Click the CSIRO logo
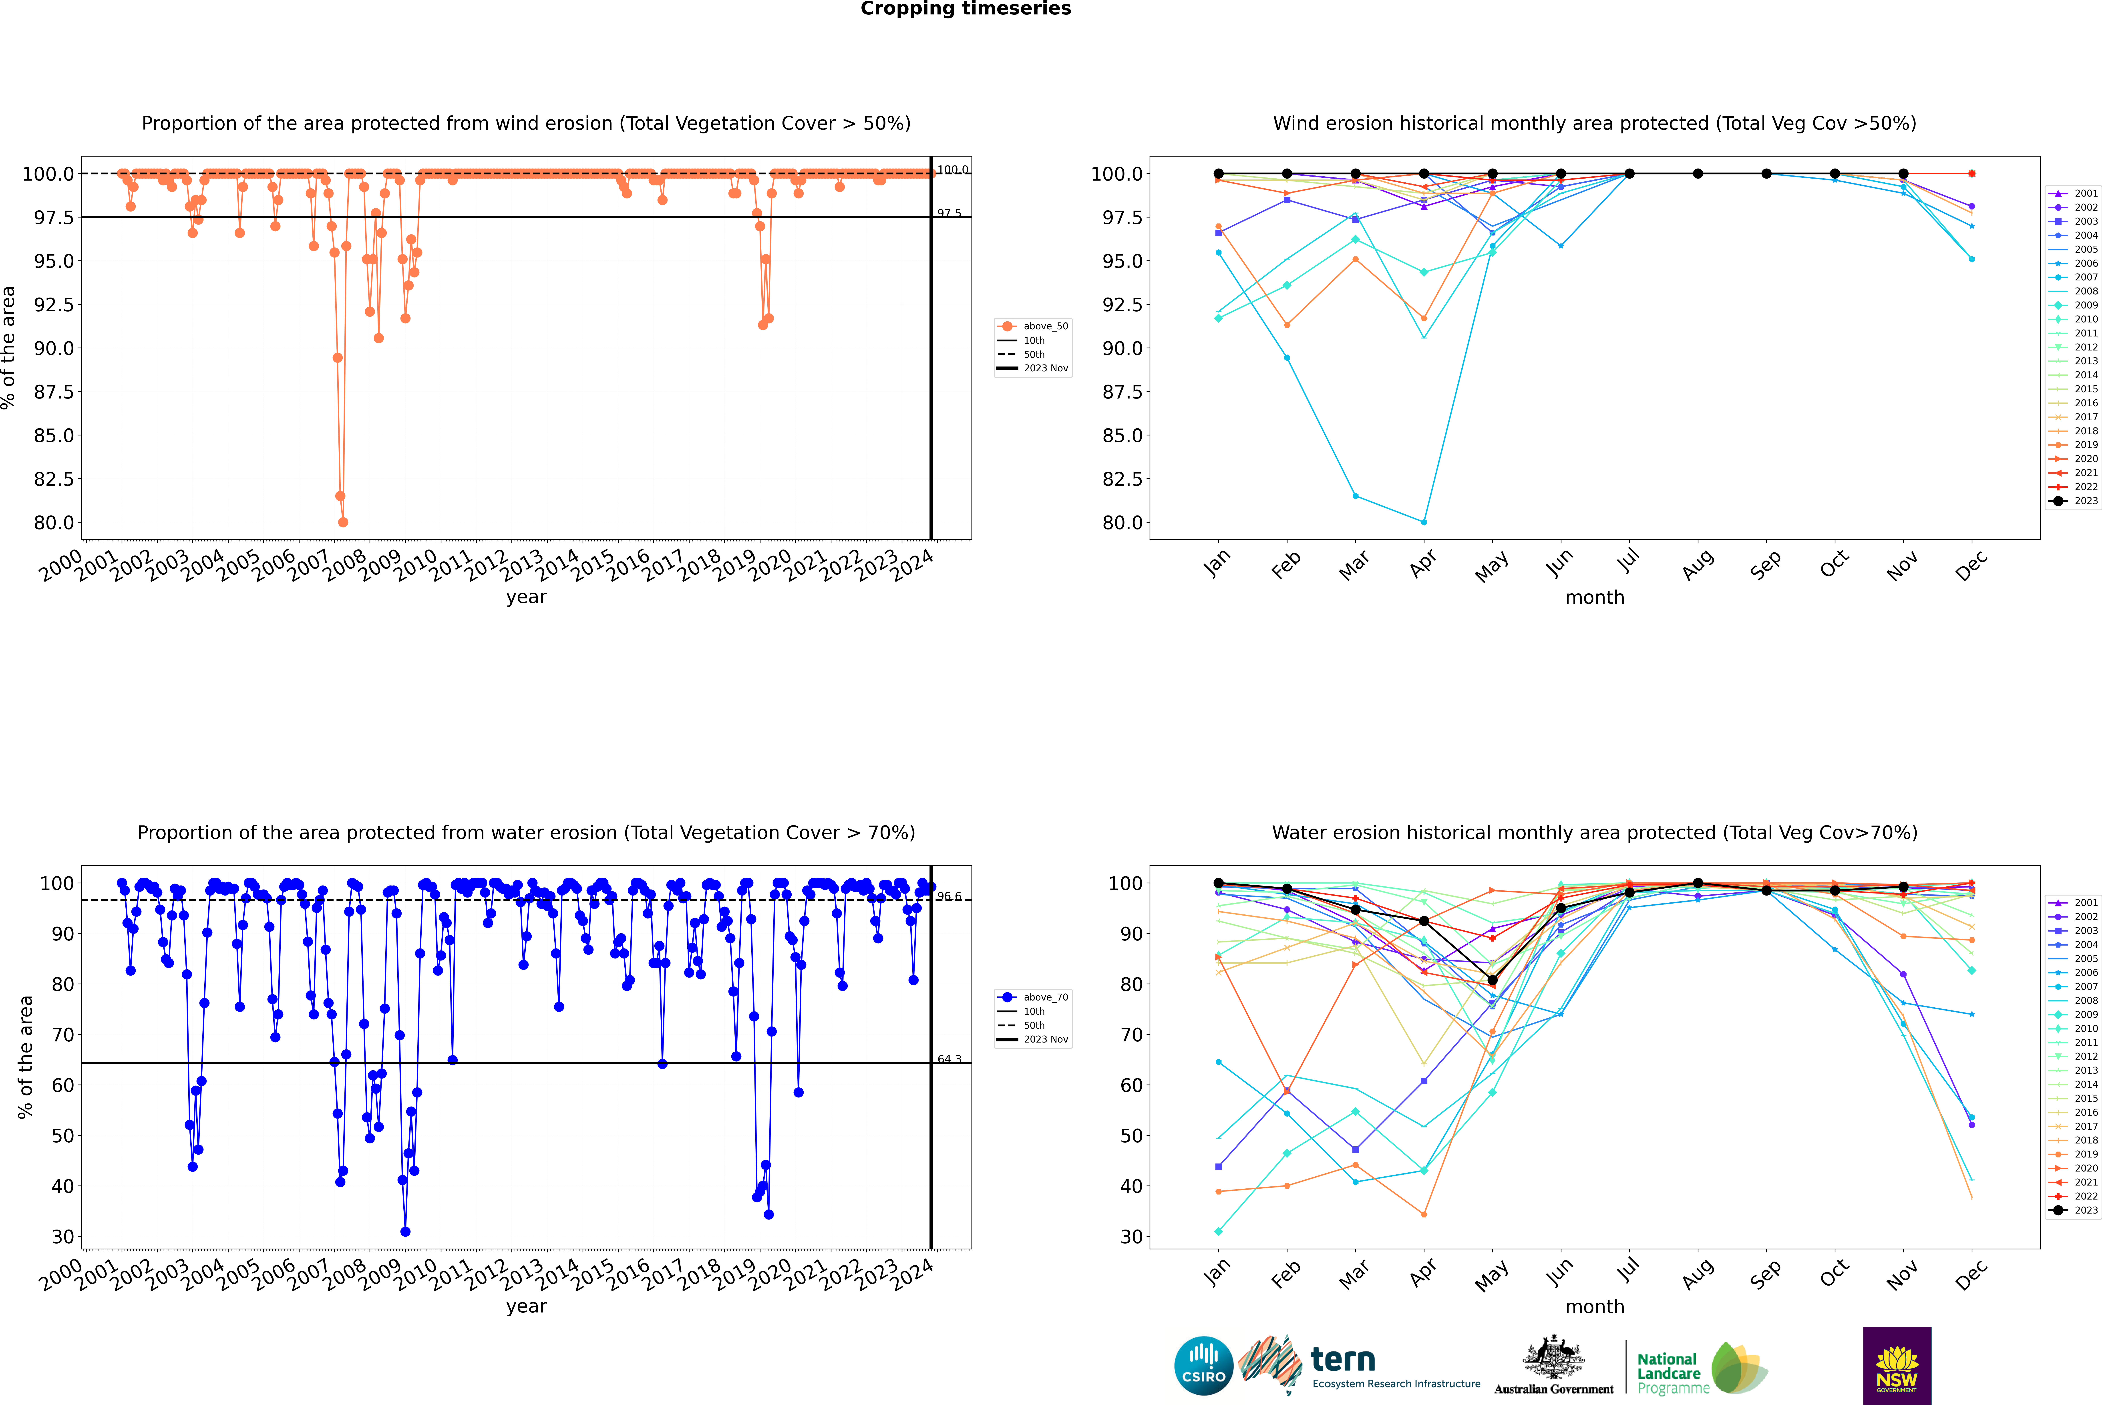pyautogui.click(x=1203, y=1366)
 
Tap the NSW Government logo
pyautogui.click(x=1897, y=1366)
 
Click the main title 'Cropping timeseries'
pyautogui.click(x=965, y=9)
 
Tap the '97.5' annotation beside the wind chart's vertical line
pyautogui.click(x=949, y=213)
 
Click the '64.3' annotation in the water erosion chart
pyautogui.click(x=949, y=1059)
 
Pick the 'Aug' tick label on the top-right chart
pyautogui.click(x=1698, y=564)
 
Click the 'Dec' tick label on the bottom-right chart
pyautogui.click(x=1971, y=1274)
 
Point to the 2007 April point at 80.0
pyautogui.click(x=1424, y=521)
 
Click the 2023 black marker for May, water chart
pyautogui.click(x=1492, y=980)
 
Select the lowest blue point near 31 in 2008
pyautogui.click(x=405, y=1231)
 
